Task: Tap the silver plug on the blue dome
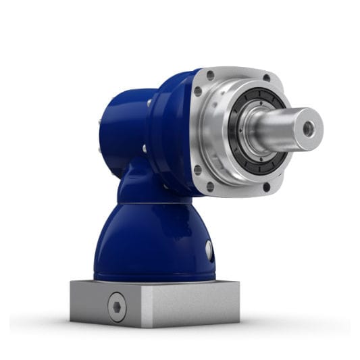click(209, 251)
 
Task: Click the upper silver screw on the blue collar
click(149, 103)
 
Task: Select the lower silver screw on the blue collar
click(144, 149)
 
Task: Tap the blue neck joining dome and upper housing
click(145, 186)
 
